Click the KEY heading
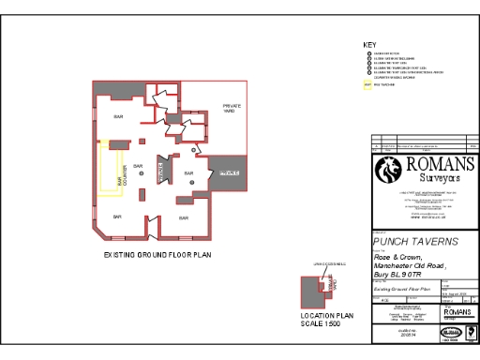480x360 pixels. (x=368, y=45)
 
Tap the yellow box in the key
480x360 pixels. (x=367, y=84)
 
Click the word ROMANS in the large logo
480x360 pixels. (x=440, y=164)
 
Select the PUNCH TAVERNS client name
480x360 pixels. (x=416, y=241)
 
